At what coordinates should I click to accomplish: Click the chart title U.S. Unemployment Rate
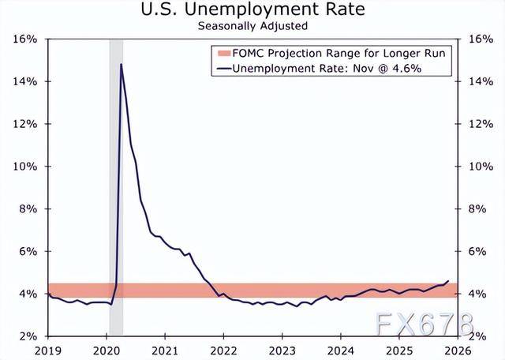click(252, 9)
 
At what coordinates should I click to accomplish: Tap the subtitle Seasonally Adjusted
click(252, 25)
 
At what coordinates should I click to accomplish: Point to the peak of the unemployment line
click(121, 64)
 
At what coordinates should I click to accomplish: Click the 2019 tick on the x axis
click(48, 348)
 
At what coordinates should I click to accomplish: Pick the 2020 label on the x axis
click(106, 348)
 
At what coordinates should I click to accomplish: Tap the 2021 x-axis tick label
click(163, 348)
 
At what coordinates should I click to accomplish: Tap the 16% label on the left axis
click(26, 39)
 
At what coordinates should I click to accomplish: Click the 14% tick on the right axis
click(481, 81)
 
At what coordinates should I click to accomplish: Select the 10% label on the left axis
click(26, 167)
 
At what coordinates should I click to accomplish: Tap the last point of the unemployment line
click(448, 281)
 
